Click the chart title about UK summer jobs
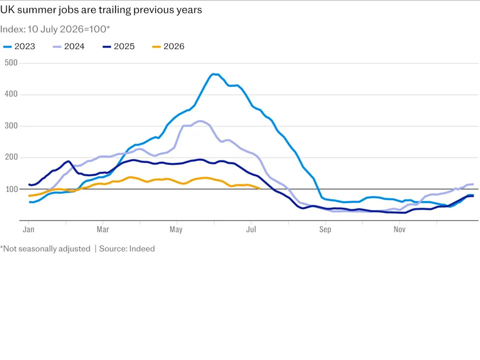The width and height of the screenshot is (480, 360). point(101,10)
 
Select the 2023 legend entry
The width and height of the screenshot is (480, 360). point(19,46)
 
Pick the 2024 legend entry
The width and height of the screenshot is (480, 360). point(68,46)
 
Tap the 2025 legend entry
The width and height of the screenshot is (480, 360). point(118,46)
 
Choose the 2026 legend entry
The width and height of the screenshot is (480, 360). point(168,46)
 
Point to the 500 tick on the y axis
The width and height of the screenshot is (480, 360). point(11,63)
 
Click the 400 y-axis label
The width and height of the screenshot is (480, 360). point(11,94)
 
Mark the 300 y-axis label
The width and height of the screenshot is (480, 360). point(11,126)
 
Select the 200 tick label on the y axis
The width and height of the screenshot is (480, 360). point(11,157)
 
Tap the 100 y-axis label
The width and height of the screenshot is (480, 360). point(11,189)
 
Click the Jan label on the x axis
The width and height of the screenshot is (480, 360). point(28,229)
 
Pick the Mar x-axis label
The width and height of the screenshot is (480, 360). point(103,229)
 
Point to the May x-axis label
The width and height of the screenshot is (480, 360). point(176,229)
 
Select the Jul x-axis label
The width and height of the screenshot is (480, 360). point(251,229)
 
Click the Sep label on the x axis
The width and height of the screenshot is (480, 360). point(325,229)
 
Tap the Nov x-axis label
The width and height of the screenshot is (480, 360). point(399,229)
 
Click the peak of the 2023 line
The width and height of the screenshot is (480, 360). point(213,74)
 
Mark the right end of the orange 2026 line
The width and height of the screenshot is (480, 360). point(259,188)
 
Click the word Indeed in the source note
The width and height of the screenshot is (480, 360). point(142,249)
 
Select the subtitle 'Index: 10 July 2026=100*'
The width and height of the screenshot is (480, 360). point(55,29)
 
